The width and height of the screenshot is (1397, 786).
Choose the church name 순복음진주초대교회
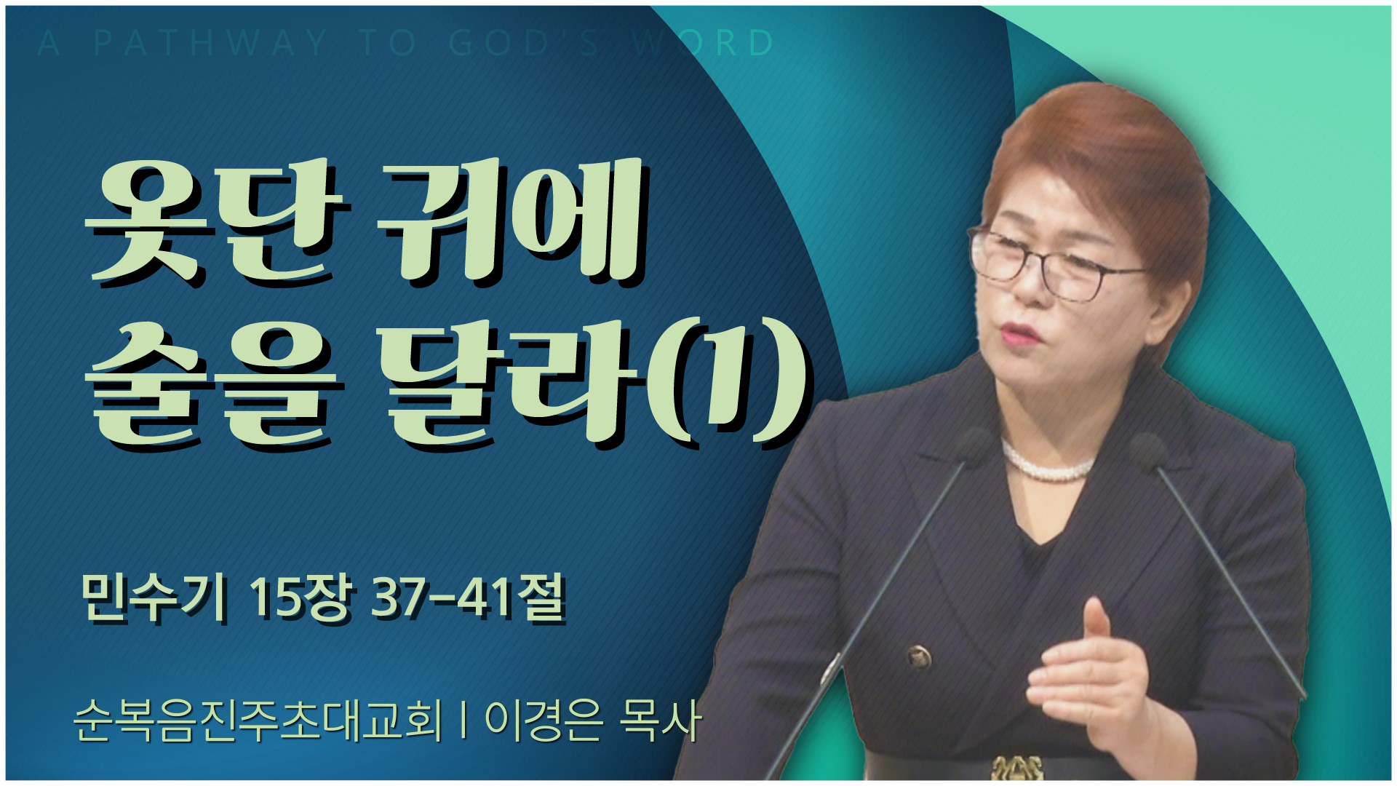coord(258,720)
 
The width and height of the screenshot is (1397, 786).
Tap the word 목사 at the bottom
coord(659,720)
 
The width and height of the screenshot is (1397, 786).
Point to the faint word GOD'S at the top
coord(523,43)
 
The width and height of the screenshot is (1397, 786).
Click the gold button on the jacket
coord(920,657)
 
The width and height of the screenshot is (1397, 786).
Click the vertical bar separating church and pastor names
coord(463,720)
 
